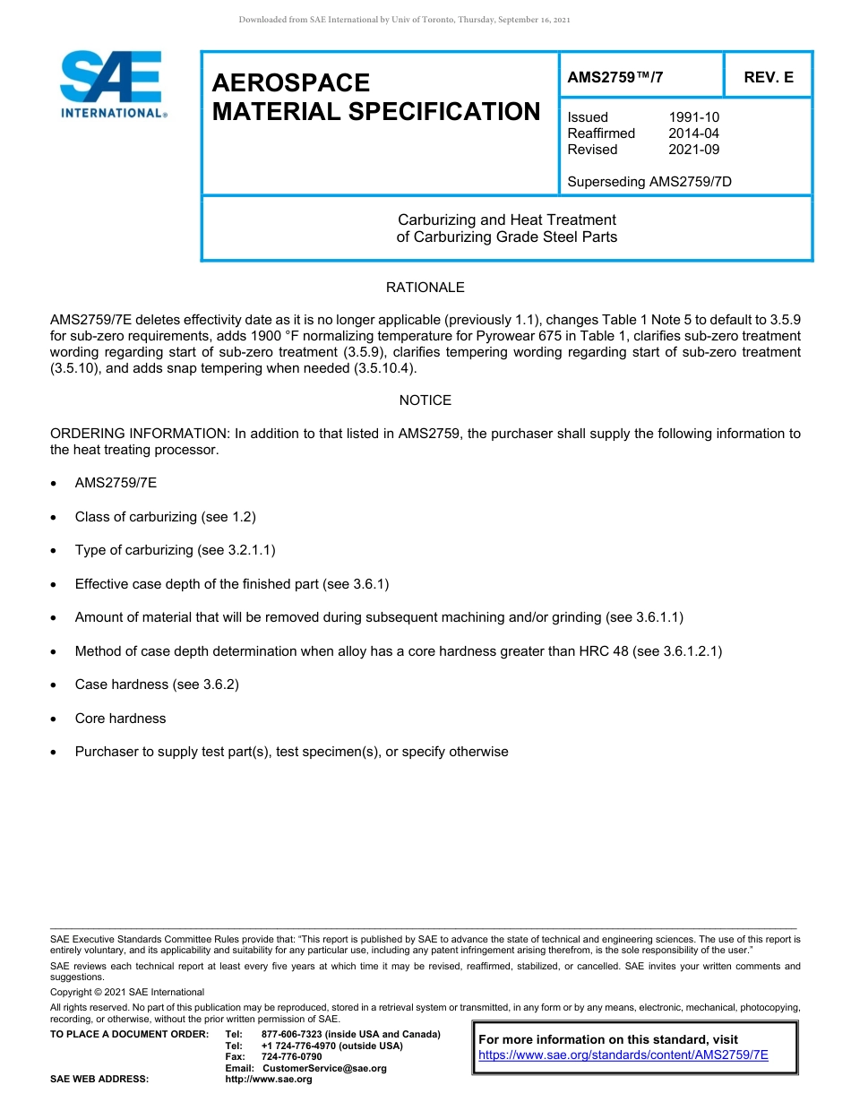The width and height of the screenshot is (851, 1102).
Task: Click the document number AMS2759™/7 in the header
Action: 615,77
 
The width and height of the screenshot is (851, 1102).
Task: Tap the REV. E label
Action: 768,77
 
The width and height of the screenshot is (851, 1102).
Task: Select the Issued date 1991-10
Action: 693,117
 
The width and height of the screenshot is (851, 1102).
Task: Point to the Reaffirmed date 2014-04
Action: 693,133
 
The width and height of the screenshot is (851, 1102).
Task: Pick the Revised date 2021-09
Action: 693,150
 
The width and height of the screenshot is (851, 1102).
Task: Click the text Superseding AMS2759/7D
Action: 649,182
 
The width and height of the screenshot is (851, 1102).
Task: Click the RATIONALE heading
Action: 425,288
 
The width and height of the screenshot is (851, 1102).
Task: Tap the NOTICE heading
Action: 425,400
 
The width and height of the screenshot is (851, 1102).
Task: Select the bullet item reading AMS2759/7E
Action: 116,483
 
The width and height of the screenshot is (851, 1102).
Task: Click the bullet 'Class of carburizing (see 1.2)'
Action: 165,517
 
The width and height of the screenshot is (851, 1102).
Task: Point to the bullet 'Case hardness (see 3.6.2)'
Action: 157,684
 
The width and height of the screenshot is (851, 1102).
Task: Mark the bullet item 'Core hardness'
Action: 120,719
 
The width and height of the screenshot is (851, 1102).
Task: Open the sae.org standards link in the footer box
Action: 623,1055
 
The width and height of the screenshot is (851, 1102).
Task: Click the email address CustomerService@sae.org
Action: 323,1068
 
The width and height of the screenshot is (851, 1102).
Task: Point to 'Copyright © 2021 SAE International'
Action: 127,992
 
